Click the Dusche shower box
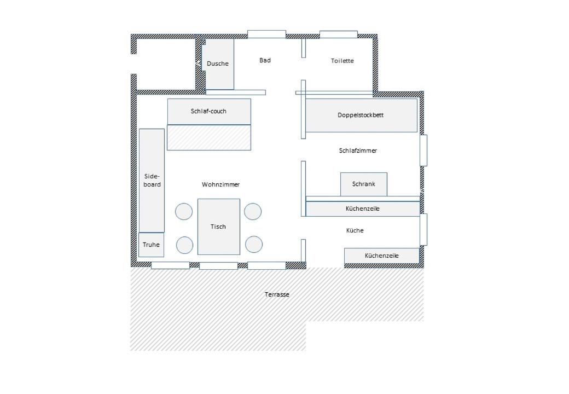[x=218, y=64]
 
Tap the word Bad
[x=265, y=60]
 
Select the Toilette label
[x=342, y=61]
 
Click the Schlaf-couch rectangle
[x=209, y=112]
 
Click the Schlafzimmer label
[x=358, y=150]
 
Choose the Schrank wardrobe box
[x=364, y=184]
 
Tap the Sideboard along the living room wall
[x=152, y=181]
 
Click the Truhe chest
[x=151, y=245]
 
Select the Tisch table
[x=219, y=227]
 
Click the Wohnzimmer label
[x=220, y=184]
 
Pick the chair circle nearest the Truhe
[x=185, y=245]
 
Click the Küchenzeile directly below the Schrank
[x=363, y=209]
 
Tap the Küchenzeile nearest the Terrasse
[x=382, y=256]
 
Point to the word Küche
[x=355, y=230]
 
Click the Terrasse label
[x=277, y=294]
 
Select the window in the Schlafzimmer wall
[x=423, y=150]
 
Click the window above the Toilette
[x=339, y=34]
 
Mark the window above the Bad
[x=267, y=34]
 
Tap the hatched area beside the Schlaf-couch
[x=209, y=137]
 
